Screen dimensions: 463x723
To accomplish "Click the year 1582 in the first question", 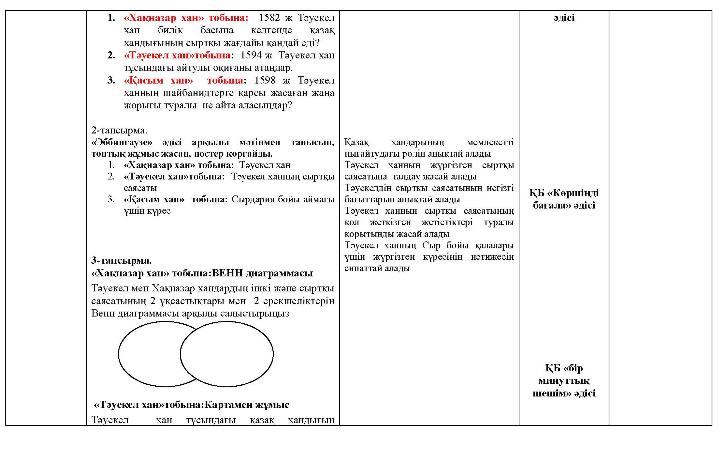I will pos(269,18).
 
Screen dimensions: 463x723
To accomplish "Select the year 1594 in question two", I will pos(251,55).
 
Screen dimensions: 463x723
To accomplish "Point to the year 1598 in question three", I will pos(265,80).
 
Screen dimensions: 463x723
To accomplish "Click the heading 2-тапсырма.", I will pos(119,130).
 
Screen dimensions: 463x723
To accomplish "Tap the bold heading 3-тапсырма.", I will pos(121,260).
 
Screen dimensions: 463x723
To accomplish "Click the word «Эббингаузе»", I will pos(122,142).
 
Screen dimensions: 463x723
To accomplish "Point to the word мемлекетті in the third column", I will pos(490,142).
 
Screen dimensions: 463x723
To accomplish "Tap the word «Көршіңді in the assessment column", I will pos(573,193).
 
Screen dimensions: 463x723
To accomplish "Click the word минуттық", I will pos(564,381).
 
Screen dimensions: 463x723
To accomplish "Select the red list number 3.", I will pos(111,80).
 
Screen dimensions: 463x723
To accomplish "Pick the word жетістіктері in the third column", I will pos(447,222).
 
